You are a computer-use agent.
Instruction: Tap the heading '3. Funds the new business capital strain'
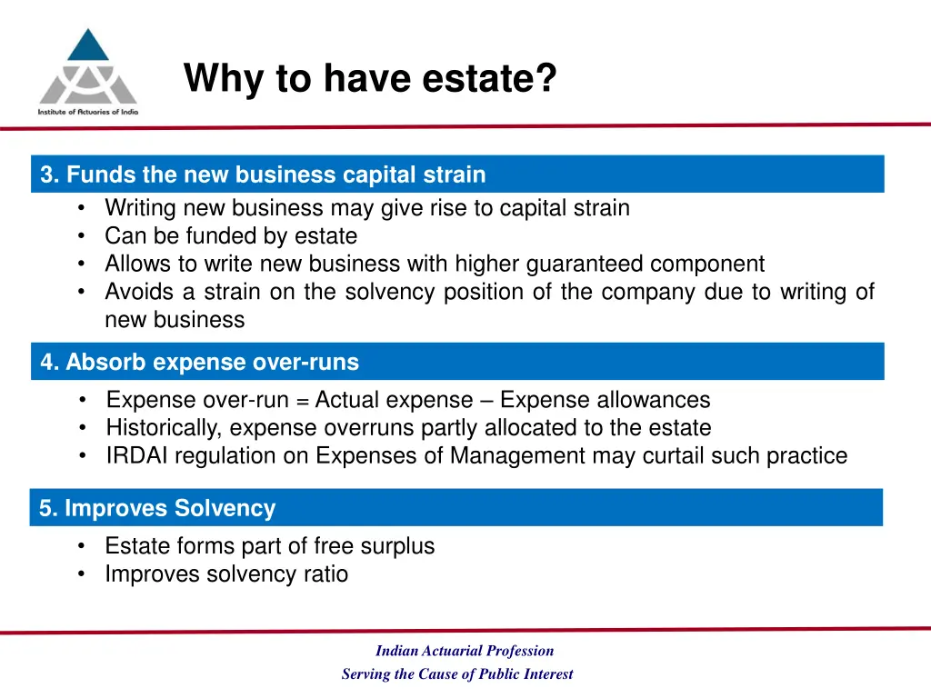[x=263, y=174]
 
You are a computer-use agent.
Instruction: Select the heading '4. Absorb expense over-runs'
[x=199, y=363]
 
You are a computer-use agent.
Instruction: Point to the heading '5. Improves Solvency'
[x=157, y=509]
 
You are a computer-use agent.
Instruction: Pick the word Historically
[x=165, y=428]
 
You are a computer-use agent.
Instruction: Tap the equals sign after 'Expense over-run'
[x=302, y=401]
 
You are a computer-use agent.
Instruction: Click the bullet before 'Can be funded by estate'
[x=83, y=236]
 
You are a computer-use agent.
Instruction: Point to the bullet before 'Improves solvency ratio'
[x=83, y=574]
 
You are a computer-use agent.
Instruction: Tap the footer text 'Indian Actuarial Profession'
[x=465, y=651]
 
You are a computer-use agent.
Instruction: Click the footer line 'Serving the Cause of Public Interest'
[x=457, y=674]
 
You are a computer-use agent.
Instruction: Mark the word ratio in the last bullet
[x=326, y=574]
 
